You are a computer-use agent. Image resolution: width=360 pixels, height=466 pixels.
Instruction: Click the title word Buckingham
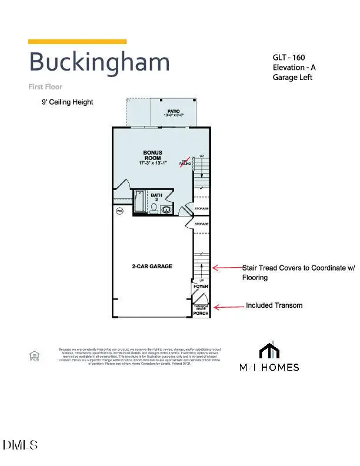tap(99, 62)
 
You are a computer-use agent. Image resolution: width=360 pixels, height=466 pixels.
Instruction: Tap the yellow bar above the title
tap(78, 41)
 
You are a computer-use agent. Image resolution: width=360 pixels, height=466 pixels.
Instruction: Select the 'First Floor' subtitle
tap(45, 86)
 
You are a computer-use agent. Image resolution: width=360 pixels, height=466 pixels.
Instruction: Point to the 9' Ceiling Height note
tap(67, 102)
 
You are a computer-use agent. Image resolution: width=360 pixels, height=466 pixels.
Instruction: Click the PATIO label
tap(173, 110)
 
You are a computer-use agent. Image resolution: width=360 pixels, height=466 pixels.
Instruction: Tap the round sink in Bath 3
tap(167, 209)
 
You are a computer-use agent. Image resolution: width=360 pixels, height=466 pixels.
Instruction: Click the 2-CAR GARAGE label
tap(152, 267)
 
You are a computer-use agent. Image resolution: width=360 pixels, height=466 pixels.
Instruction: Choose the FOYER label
tap(201, 287)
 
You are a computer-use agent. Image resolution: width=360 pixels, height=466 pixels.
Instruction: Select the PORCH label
tap(201, 314)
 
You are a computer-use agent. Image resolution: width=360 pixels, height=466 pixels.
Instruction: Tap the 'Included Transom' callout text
tap(274, 305)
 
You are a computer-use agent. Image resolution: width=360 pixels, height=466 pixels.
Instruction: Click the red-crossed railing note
tap(184, 162)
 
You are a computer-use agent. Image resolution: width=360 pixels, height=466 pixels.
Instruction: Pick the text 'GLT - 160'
tap(288, 58)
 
